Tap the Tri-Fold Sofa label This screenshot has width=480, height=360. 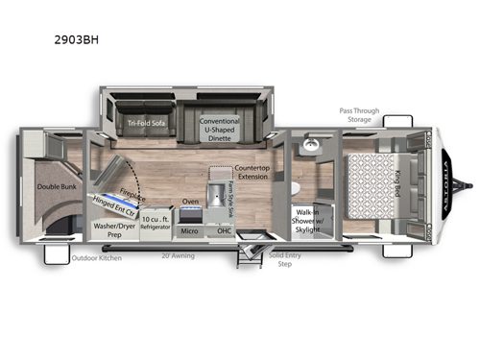coord(148,123)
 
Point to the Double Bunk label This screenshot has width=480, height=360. coord(56,187)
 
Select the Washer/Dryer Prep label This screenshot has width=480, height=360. coord(112,230)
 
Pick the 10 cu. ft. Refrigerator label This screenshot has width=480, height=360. coord(156,223)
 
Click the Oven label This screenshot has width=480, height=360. coord(190,201)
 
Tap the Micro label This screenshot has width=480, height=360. coord(190,229)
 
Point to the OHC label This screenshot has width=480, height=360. coord(224,229)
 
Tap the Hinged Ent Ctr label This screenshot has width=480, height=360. coord(114,205)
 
